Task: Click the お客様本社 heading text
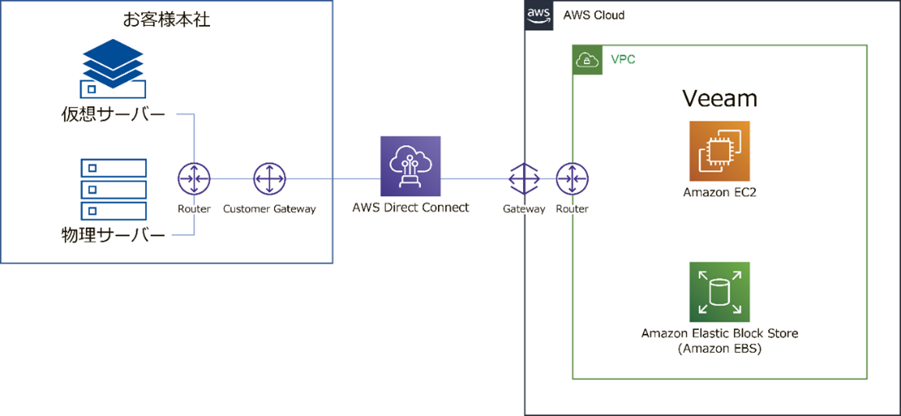pyautogui.click(x=167, y=20)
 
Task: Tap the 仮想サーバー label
pyautogui.click(x=114, y=116)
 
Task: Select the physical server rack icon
pyautogui.click(x=114, y=189)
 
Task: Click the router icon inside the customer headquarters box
pyautogui.click(x=194, y=180)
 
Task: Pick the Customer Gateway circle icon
pyautogui.click(x=269, y=180)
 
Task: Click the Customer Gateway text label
pyautogui.click(x=269, y=209)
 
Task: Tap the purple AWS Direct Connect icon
pyautogui.click(x=411, y=166)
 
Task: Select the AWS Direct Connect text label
pyautogui.click(x=411, y=208)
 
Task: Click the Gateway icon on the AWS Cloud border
pyautogui.click(x=524, y=180)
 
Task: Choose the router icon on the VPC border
pyautogui.click(x=572, y=180)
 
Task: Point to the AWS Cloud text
pyautogui.click(x=593, y=16)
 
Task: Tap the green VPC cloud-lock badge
pyautogui.click(x=588, y=60)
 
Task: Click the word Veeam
pyautogui.click(x=720, y=98)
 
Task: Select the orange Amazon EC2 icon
pyautogui.click(x=720, y=151)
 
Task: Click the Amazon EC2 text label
pyautogui.click(x=720, y=193)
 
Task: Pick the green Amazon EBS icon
pyautogui.click(x=720, y=292)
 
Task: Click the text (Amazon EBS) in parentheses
pyautogui.click(x=720, y=349)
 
